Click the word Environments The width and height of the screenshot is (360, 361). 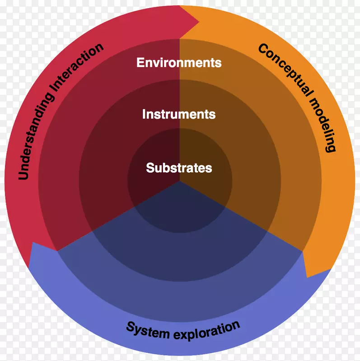(179, 62)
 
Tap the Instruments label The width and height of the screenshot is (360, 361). (179, 114)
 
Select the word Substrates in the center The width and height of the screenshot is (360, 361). (179, 168)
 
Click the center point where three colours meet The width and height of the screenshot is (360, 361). (180, 181)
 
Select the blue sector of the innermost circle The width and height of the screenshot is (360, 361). (180, 212)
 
